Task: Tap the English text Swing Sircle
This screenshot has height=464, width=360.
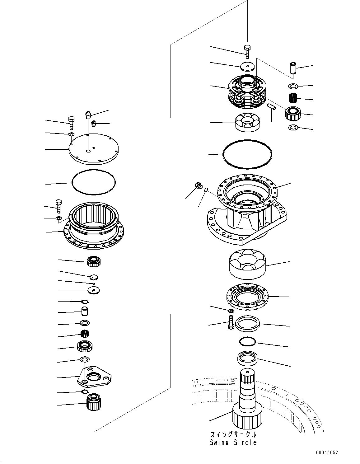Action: point(233,442)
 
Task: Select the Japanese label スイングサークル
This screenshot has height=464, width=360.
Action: point(233,434)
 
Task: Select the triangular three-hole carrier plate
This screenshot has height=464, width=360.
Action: point(94,377)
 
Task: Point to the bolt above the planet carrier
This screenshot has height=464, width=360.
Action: point(247,51)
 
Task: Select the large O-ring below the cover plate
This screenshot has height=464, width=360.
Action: point(93,182)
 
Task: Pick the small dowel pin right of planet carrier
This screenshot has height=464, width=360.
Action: point(270,106)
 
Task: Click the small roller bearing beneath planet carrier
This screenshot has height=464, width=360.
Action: point(247,122)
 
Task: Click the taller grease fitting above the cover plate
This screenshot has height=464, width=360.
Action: point(88,115)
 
